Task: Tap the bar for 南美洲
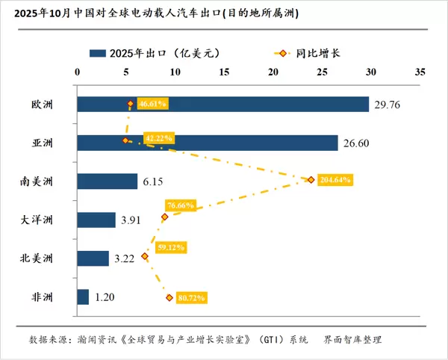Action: pyautogui.click(x=108, y=181)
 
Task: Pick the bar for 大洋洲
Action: pyautogui.click(x=96, y=220)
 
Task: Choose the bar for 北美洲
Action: pyautogui.click(x=93, y=258)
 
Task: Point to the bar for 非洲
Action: pyautogui.click(x=83, y=297)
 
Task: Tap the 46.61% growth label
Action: pyautogui.click(x=152, y=103)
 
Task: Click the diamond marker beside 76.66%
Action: pyautogui.click(x=165, y=217)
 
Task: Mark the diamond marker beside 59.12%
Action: pyautogui.click(x=145, y=257)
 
